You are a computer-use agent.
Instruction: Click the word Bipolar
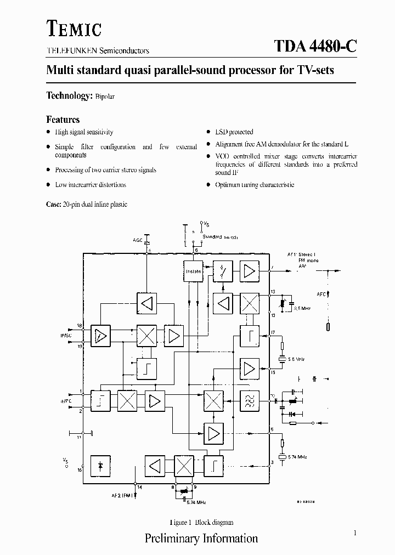tap(105, 97)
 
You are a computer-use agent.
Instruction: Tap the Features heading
tap(63, 120)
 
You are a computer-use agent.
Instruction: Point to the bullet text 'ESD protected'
tap(234, 132)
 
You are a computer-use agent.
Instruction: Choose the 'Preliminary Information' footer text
tap(201, 538)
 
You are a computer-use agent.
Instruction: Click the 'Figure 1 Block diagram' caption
tap(201, 522)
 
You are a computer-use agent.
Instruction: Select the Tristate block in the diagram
tap(193, 271)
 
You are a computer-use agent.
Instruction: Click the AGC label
tap(138, 240)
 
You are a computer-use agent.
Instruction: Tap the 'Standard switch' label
tap(219, 237)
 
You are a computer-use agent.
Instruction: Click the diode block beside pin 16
tap(100, 465)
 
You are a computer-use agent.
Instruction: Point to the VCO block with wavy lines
tap(250, 401)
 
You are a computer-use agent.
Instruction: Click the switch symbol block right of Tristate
tap(222, 271)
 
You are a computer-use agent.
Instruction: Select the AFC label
tap(321, 294)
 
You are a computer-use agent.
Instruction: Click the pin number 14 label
tap(139, 487)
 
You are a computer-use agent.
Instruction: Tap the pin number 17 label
tap(273, 333)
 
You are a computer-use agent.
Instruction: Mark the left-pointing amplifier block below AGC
tap(146, 302)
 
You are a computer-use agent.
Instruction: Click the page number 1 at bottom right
tap(355, 533)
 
